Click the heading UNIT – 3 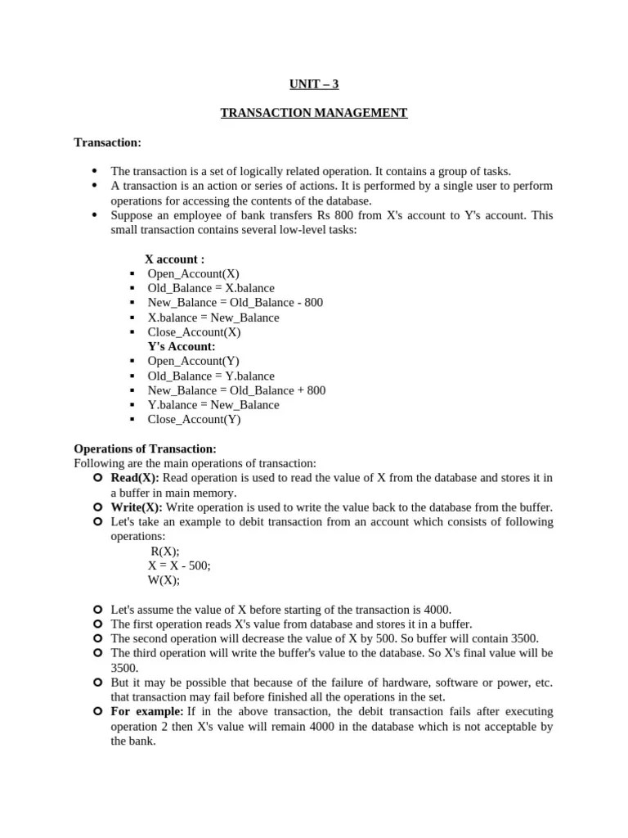313,83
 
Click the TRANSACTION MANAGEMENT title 313,113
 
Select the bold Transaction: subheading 107,142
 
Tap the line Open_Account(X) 193,273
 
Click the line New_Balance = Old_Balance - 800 235,303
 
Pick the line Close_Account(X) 194,332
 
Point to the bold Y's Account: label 182,346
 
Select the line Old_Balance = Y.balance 211,376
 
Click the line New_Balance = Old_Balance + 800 236,390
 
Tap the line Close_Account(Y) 194,420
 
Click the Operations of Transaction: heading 145,448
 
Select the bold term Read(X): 136,478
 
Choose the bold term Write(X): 137,507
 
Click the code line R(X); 165,552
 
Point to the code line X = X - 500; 179,565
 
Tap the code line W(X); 164,580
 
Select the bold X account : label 174,259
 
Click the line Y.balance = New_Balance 213,405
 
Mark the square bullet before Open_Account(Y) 132,362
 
